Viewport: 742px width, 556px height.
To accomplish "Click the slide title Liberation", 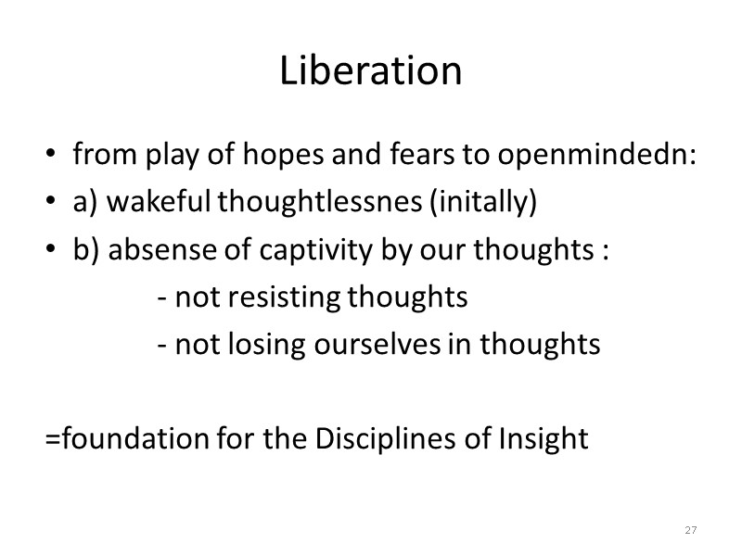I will pyautogui.click(x=371, y=72).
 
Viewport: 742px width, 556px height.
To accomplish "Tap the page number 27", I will pyautogui.click(x=690, y=530).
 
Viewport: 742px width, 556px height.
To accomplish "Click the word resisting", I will pyautogui.click(x=290, y=298).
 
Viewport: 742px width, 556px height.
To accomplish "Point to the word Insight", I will pyautogui.click(x=547, y=437).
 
